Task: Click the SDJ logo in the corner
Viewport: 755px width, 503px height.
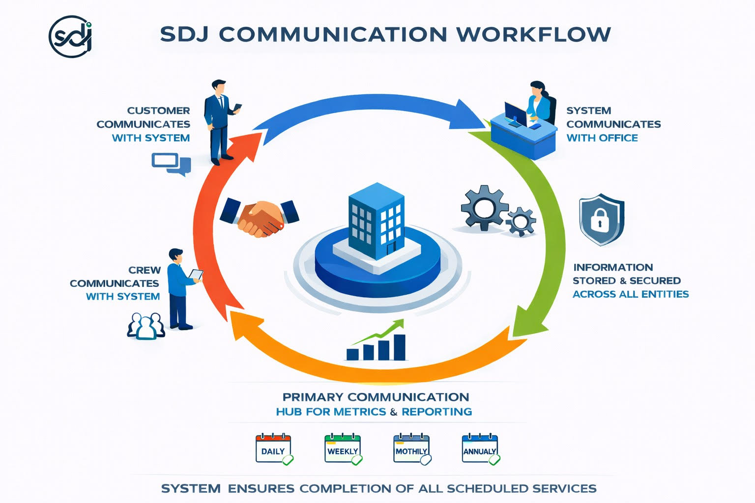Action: pos(71,36)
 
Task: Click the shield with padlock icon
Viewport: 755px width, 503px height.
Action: pos(601,219)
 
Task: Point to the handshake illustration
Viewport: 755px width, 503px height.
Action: pos(259,217)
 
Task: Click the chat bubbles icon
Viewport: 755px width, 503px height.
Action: pos(171,164)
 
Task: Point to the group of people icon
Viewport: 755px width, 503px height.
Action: pos(145,326)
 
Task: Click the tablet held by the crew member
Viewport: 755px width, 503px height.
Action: pos(197,275)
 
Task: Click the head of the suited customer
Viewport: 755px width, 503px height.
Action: pos(219,87)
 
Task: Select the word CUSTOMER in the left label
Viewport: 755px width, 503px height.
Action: pos(158,111)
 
